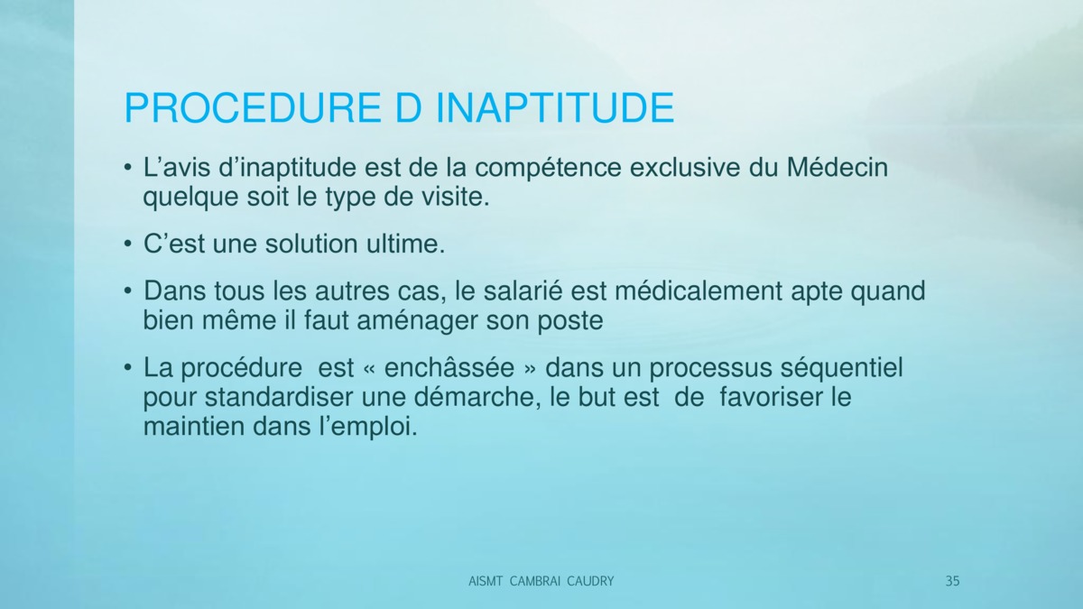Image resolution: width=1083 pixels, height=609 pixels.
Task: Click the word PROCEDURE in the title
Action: click(253, 107)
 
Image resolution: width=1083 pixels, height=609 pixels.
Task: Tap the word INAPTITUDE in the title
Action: click(555, 107)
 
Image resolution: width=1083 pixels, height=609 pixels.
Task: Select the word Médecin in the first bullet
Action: click(838, 168)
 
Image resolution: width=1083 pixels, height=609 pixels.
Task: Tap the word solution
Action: click(311, 244)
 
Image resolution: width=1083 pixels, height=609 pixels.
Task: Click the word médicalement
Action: click(699, 291)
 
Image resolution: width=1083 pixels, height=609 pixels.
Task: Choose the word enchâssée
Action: click(449, 367)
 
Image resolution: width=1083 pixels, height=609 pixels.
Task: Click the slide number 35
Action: click(952, 581)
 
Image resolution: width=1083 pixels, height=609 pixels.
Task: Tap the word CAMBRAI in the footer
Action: click(534, 581)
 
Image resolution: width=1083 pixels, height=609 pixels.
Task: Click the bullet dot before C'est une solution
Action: click(127, 245)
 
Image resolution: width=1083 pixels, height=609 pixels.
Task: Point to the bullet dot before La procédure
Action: click(127, 368)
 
